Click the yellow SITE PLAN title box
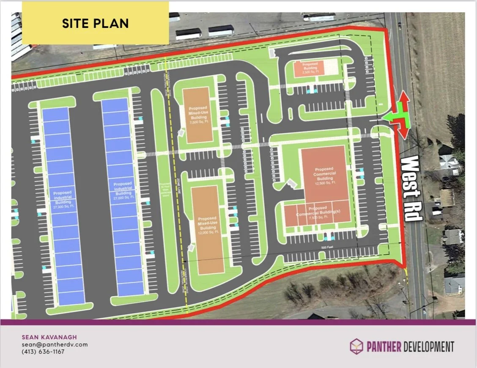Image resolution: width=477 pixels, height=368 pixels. (x=95, y=23)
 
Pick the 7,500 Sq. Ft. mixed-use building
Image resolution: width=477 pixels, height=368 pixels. (x=198, y=114)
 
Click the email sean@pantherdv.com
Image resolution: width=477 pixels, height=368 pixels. (x=55, y=344)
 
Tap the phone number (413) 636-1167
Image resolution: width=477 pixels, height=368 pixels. (x=43, y=352)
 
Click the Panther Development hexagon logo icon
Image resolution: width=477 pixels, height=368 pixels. (x=356, y=346)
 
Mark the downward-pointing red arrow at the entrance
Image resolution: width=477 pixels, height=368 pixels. (x=403, y=131)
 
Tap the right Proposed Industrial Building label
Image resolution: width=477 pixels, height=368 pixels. (x=123, y=190)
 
